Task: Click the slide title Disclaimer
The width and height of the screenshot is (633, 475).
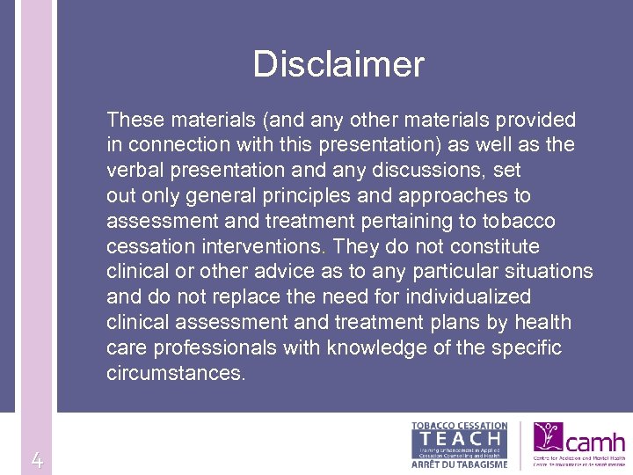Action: click(338, 64)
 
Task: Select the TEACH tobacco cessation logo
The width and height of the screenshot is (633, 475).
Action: click(460, 446)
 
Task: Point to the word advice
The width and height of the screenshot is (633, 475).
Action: click(283, 272)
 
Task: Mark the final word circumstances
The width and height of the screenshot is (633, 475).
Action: click(176, 373)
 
